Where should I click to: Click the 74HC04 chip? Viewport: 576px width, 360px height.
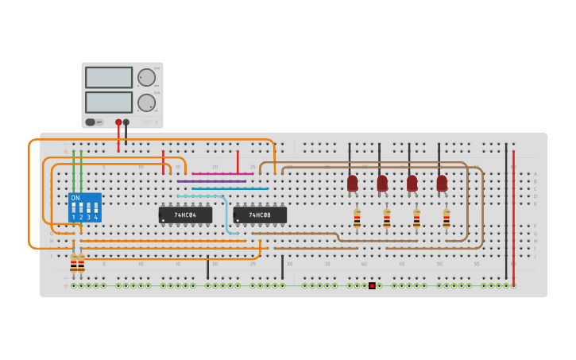tap(185, 215)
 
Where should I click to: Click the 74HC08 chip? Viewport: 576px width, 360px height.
tap(260, 215)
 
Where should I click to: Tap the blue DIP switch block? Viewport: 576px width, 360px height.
tap(85, 207)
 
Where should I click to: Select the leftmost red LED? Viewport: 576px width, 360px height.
tap(352, 183)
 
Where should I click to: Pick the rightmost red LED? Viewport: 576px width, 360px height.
tap(442, 183)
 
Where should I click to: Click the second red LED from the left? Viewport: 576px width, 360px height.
tap(382, 183)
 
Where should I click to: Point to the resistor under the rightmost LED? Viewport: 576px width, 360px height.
tap(446, 219)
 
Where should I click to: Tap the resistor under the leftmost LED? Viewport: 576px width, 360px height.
tap(357, 219)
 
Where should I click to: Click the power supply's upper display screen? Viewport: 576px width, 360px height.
tap(109, 77)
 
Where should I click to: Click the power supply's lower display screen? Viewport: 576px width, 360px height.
tap(109, 102)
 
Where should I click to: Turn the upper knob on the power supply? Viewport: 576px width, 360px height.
tap(146, 77)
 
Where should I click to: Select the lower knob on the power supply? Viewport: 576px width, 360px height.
tap(146, 103)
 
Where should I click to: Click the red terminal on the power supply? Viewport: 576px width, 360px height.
tap(118, 122)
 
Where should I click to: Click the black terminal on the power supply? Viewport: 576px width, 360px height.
tap(126, 122)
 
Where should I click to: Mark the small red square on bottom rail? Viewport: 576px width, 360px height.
tap(372, 285)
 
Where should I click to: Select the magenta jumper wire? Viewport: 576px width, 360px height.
tap(222, 173)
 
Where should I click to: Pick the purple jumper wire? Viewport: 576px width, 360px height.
tap(211, 181)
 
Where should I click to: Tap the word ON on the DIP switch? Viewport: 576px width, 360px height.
tap(75, 198)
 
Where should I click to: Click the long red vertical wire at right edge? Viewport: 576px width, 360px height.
tap(513, 215)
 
